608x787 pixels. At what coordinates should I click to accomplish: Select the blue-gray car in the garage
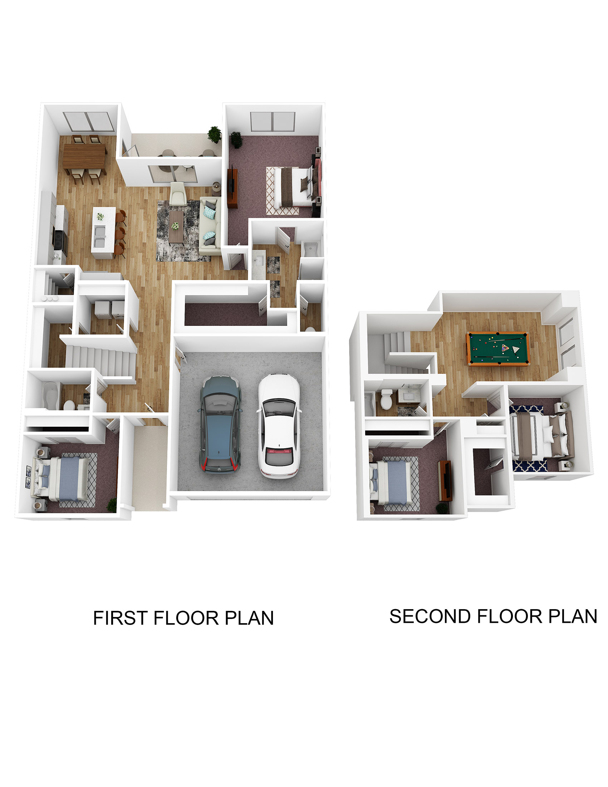[x=220, y=425]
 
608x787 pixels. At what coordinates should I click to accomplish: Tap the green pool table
[x=497, y=348]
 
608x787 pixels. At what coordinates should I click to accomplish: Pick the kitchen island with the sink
[x=103, y=233]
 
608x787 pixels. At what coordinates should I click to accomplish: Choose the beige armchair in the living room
[x=178, y=193]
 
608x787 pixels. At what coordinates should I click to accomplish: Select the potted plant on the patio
[x=214, y=135]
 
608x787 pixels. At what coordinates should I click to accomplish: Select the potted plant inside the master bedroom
[x=236, y=139]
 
